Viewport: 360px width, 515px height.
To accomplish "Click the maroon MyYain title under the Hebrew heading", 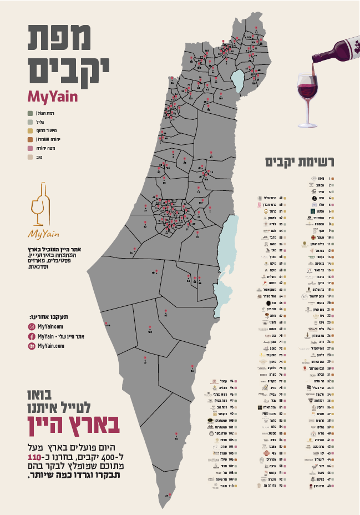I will (53, 95).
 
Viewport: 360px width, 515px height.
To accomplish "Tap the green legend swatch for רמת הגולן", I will (30, 113).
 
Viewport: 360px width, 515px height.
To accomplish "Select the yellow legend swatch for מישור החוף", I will (30, 131).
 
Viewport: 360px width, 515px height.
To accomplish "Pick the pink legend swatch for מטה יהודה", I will (30, 148).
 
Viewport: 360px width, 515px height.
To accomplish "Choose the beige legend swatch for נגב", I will (30, 157).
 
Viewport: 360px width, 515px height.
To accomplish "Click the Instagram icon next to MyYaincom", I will (32, 327).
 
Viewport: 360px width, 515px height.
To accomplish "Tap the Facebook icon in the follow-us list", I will (32, 336).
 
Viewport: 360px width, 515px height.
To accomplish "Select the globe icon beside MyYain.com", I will (32, 345).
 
